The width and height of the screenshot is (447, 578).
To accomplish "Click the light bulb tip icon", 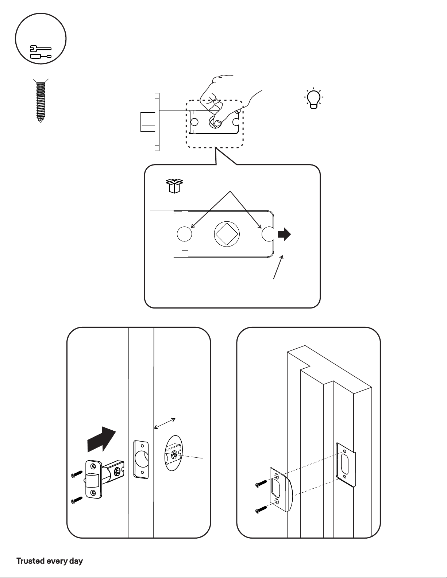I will [x=313, y=98].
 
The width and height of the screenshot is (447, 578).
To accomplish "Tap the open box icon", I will [x=174, y=186].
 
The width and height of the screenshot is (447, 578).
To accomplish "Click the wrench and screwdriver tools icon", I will [x=41, y=52].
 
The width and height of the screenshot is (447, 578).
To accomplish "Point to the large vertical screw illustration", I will [x=41, y=100].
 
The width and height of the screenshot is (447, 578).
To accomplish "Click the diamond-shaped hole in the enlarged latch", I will [x=225, y=234].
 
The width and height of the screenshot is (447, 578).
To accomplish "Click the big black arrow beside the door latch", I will [x=102, y=440].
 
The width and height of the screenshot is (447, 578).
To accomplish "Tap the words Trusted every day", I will [x=50, y=561].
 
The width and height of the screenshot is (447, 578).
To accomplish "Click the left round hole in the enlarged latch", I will [x=184, y=234].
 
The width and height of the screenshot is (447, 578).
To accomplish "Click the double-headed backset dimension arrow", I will [x=165, y=424].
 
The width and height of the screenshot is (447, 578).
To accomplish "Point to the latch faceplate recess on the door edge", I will [x=141, y=459].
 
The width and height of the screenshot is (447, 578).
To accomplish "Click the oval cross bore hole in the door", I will [x=173, y=453].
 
